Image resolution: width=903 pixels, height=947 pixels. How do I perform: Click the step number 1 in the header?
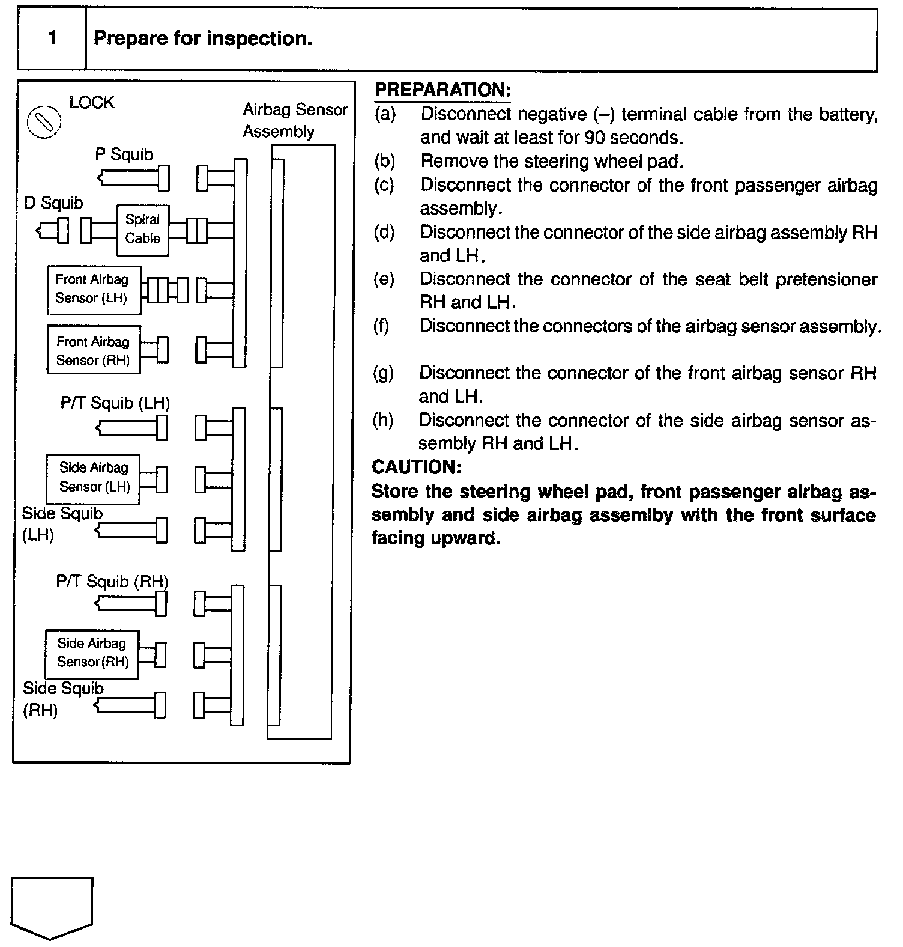click(x=52, y=38)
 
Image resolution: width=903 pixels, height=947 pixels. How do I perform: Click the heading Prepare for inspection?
click(x=203, y=38)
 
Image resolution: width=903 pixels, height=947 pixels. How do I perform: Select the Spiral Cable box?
click(x=142, y=229)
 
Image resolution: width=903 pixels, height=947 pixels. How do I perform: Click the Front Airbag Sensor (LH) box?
click(x=94, y=290)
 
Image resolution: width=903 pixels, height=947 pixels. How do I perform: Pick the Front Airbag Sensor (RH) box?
click(x=94, y=350)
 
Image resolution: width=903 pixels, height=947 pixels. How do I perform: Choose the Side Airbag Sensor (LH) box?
click(x=94, y=478)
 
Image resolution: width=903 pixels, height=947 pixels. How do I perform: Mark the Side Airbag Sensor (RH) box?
click(x=92, y=654)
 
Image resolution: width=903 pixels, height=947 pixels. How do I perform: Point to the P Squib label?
click(x=124, y=154)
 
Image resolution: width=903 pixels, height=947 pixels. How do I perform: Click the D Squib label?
click(x=53, y=203)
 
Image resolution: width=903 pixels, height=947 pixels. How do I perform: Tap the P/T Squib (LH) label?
click(x=115, y=403)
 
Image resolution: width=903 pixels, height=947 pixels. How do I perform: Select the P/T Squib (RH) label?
click(x=112, y=581)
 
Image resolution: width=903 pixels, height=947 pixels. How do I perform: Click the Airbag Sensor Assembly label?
click(x=295, y=120)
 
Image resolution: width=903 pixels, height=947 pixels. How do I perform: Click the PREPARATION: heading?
click(x=442, y=90)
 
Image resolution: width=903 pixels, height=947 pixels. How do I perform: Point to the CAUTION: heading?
click(x=416, y=467)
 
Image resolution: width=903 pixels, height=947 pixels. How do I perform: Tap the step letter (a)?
click(x=385, y=114)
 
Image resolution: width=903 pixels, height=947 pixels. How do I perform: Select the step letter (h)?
click(x=383, y=420)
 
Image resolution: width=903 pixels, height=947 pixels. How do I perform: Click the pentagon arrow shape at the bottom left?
click(x=52, y=907)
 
